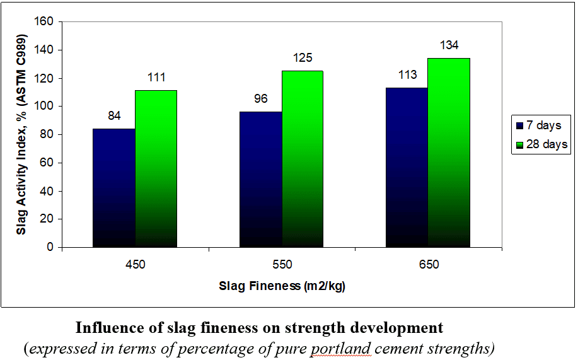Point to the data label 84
pyautogui.click(x=114, y=116)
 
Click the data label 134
pyautogui.click(x=449, y=45)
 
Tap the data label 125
pyautogui.click(x=303, y=59)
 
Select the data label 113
pyautogui.click(x=408, y=75)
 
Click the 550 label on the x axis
pyautogui.click(x=282, y=265)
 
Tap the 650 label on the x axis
pyautogui.click(x=429, y=265)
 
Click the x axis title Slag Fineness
pyautogui.click(x=282, y=286)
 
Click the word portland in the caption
pyautogui.click(x=335, y=348)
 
